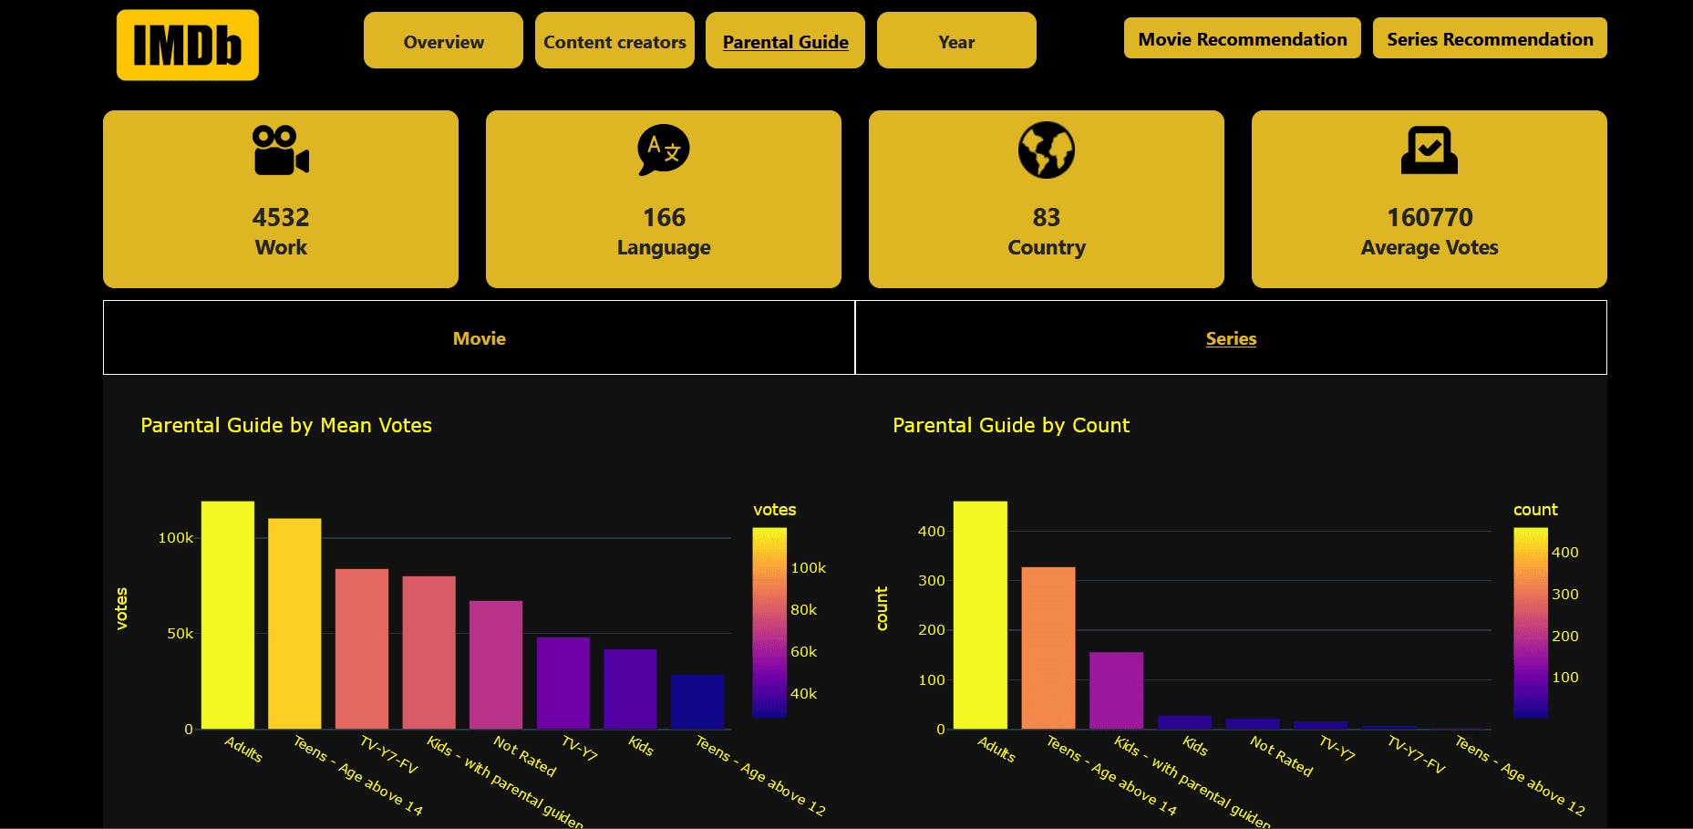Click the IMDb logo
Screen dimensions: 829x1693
pos(187,45)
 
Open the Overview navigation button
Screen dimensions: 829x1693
pos(443,41)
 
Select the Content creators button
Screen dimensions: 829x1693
pos(614,41)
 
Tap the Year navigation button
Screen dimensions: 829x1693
pos(956,41)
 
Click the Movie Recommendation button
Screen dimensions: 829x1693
pos(1242,38)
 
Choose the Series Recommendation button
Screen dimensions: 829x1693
pos(1490,38)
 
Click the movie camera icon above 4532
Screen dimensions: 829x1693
pos(281,150)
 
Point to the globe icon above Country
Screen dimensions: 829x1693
pos(1046,150)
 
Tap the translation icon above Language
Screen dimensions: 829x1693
pos(663,150)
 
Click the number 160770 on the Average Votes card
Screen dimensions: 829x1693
pos(1430,217)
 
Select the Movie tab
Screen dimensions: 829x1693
pos(479,338)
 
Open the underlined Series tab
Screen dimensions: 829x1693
pos(1231,338)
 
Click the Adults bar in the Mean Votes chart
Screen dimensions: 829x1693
pos(228,616)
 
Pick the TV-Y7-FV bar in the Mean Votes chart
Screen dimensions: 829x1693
pos(362,649)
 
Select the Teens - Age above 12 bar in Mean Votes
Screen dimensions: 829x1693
pos(697,702)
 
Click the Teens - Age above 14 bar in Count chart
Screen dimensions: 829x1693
pos(1048,648)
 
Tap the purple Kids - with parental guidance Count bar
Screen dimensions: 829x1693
pos(1116,690)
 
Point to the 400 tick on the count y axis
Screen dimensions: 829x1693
pos(931,531)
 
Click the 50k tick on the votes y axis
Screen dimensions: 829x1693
pos(180,633)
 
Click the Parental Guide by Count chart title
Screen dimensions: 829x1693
pos(1010,425)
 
